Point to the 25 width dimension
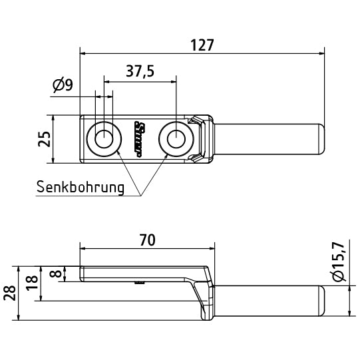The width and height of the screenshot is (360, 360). [x=43, y=139]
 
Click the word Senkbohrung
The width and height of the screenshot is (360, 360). [x=81, y=187]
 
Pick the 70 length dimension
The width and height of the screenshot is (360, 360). [x=147, y=240]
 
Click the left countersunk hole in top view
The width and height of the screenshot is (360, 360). [x=104, y=139]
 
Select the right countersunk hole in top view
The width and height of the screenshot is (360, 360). [x=176, y=139]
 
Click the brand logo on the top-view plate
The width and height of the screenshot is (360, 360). [x=140, y=139]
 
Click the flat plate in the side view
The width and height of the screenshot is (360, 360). [x=140, y=274]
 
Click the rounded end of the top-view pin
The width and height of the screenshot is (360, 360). [x=321, y=139]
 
